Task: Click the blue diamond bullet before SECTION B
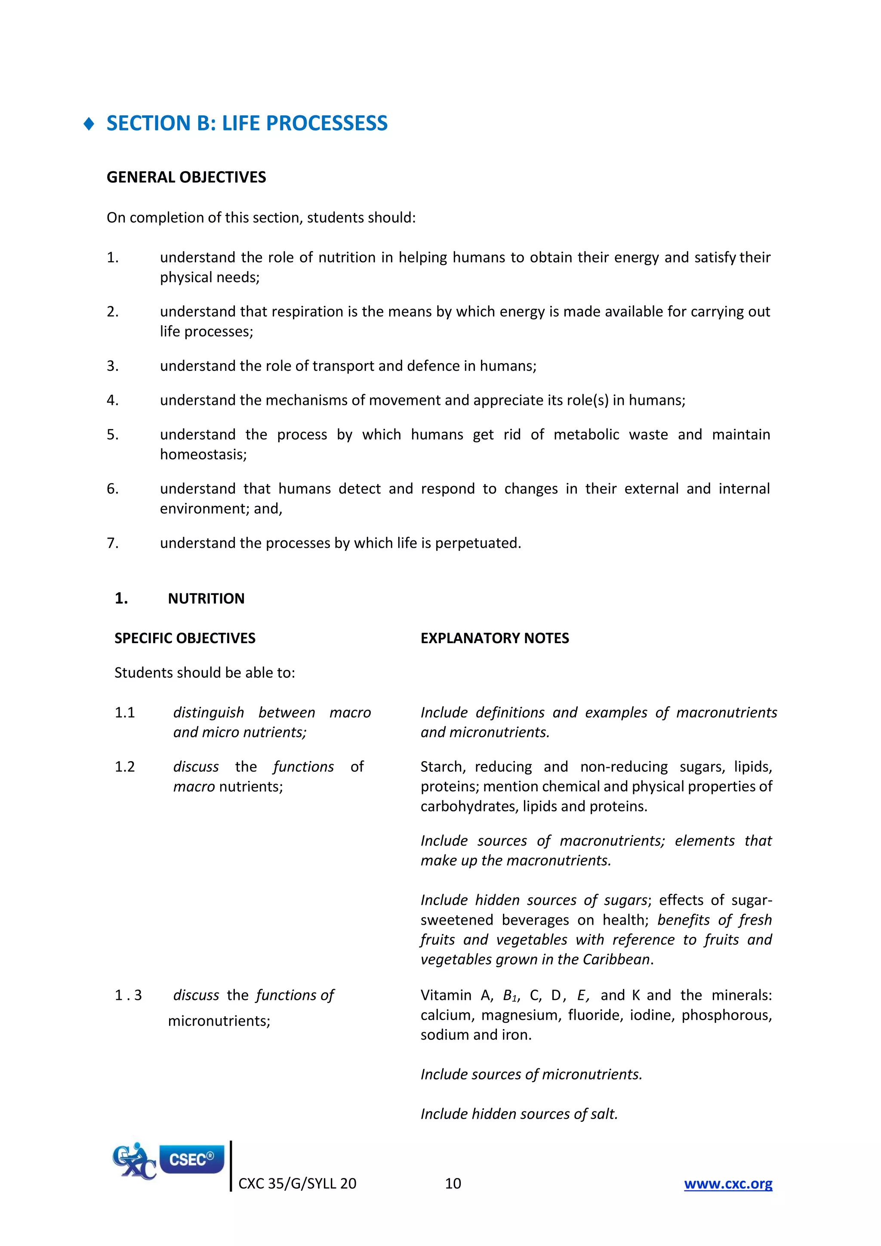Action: point(89,124)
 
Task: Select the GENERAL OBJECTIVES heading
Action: point(186,177)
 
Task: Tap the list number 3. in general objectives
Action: point(112,366)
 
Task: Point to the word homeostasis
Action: point(203,454)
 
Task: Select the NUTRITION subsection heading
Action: point(206,598)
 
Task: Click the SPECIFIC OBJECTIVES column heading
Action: point(185,638)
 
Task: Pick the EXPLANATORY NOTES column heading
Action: point(494,638)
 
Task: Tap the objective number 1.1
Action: point(124,712)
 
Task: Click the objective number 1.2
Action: point(124,767)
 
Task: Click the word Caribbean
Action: point(617,959)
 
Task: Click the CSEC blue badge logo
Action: point(191,1160)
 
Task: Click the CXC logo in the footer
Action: point(133,1162)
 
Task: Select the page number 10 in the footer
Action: point(453,1184)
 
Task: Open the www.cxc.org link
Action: point(727,1184)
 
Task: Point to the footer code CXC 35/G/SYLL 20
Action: point(297,1184)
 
